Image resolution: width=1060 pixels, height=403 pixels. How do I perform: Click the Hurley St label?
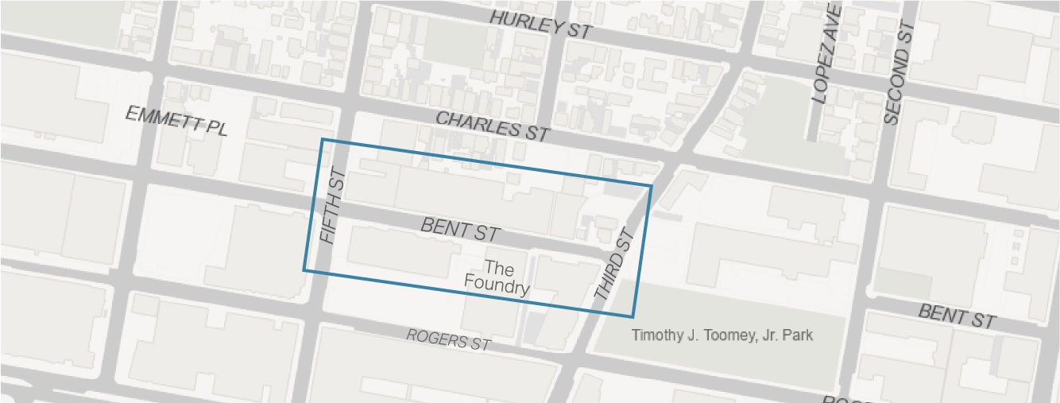541,25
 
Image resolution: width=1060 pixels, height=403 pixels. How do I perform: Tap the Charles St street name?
493,126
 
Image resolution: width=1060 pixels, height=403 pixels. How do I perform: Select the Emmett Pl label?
176,122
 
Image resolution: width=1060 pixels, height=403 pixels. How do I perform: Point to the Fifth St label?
332,206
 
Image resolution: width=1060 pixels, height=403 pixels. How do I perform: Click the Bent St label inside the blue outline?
460,230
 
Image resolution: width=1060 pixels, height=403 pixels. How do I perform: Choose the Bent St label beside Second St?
957,316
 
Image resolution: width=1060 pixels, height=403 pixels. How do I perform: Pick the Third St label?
616,264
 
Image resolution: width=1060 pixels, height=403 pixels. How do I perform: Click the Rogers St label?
449,339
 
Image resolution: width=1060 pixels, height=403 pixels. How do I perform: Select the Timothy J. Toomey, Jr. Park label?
722,335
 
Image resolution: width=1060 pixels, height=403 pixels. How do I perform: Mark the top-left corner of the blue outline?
322,140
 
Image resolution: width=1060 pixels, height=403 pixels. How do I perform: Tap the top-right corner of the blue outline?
652,186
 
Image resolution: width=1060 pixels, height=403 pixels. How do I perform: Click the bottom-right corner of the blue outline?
633,316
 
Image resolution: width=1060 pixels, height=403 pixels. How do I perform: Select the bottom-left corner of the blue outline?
304,270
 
